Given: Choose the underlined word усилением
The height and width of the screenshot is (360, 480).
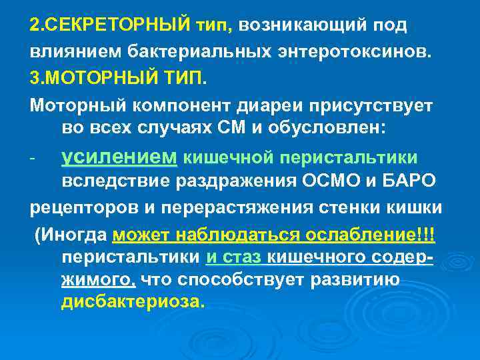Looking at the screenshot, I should click(119, 157).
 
